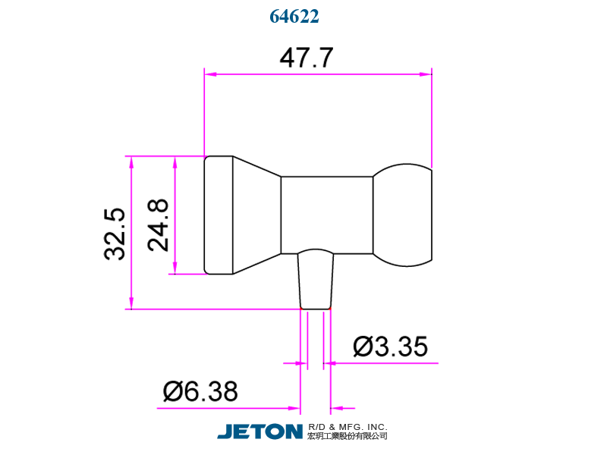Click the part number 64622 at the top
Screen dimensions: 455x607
click(294, 16)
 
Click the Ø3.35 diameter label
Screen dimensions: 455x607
click(390, 347)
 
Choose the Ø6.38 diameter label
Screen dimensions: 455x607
click(200, 392)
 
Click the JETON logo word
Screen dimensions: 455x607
click(260, 431)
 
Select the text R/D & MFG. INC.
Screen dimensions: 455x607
click(348, 426)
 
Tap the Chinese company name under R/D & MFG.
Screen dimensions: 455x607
click(348, 437)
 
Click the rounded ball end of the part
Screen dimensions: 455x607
click(404, 215)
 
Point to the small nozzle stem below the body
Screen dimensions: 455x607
click(315, 281)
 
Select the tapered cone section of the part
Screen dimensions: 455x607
click(256, 215)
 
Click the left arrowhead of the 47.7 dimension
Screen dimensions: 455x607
click(211, 74)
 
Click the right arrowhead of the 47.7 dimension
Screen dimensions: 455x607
click(426, 74)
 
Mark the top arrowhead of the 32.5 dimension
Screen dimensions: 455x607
click(131, 163)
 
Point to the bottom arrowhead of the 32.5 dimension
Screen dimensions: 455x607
click(131, 303)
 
